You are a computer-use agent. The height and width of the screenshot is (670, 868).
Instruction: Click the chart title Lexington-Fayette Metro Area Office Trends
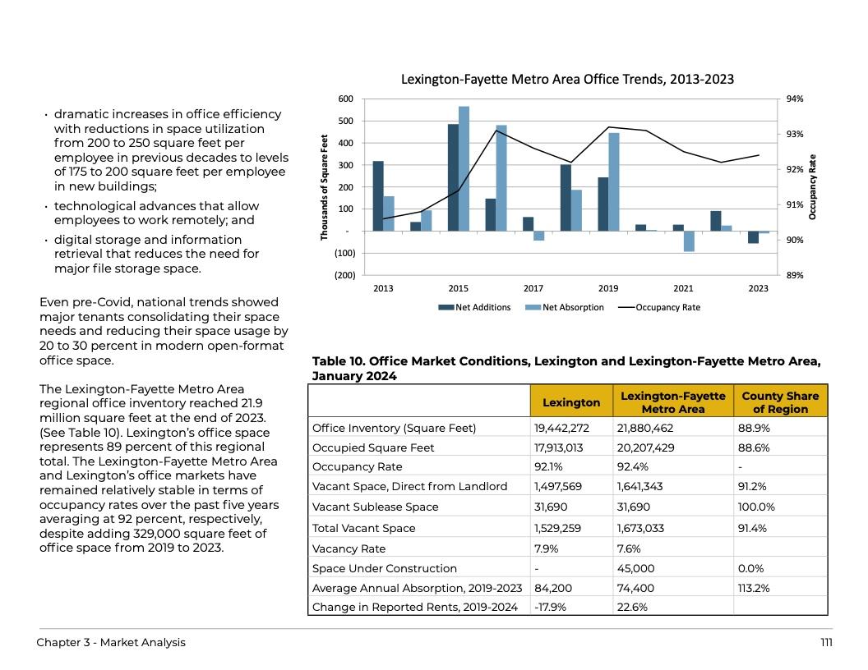click(567, 80)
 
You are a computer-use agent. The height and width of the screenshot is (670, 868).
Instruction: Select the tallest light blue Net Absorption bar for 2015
click(464, 168)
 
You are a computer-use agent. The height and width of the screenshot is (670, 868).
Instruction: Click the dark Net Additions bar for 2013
click(378, 195)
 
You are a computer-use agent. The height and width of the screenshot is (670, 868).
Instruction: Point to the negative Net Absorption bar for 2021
click(689, 241)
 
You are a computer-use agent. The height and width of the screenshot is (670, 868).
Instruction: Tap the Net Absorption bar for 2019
click(613, 181)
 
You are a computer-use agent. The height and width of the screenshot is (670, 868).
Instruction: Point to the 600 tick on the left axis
click(346, 99)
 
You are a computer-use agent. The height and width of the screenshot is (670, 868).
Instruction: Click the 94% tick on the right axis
click(795, 99)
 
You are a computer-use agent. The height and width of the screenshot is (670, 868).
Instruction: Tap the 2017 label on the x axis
click(533, 288)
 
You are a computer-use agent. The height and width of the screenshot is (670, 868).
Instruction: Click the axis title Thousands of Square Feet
click(325, 187)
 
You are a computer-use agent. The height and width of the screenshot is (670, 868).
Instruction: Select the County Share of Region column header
click(780, 402)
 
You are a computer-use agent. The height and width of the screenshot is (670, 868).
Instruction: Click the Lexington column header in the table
click(571, 402)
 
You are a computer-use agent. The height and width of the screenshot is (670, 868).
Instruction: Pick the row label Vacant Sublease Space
click(375, 507)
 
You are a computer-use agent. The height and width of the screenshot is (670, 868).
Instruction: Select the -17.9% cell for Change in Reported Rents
click(551, 608)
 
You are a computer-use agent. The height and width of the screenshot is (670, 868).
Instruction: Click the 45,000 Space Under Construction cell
click(635, 568)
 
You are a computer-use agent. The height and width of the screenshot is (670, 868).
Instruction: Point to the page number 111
click(826, 643)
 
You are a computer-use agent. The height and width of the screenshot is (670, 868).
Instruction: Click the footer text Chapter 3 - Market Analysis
click(111, 643)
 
